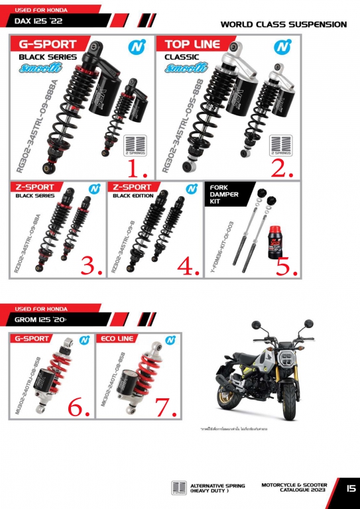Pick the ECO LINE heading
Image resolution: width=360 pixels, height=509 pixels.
click(x=117, y=339)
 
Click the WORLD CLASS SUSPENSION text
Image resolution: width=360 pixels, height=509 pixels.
click(x=283, y=25)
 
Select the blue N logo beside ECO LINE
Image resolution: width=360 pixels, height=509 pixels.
click(x=171, y=339)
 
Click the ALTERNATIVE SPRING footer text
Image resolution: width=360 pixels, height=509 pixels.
click(x=217, y=488)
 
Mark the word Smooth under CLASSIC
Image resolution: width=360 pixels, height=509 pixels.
click(x=183, y=68)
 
